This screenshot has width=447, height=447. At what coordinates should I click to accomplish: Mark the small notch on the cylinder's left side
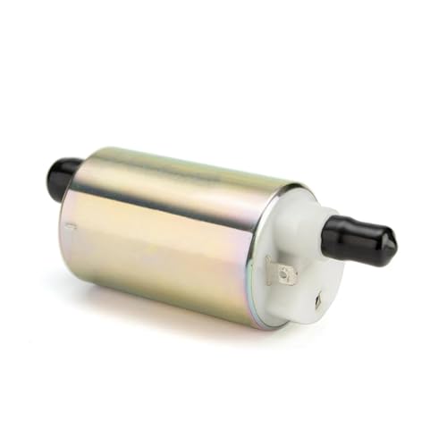point(70,227)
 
